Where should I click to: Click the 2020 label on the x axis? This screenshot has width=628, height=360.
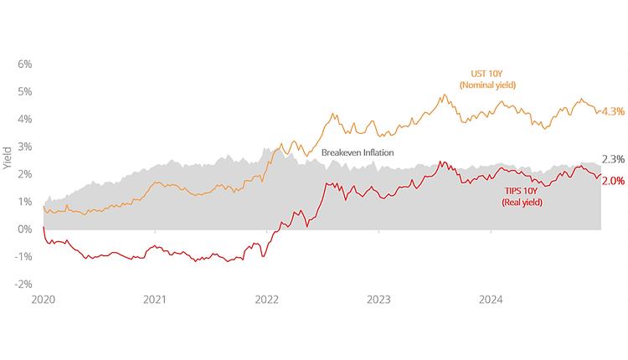pyautogui.click(x=43, y=299)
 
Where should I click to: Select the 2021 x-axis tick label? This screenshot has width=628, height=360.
pyautogui.click(x=155, y=299)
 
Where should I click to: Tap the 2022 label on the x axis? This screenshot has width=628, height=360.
pyautogui.click(x=267, y=299)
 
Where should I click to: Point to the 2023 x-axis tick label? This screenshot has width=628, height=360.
pyautogui.click(x=378, y=299)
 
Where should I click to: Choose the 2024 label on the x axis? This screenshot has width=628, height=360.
pyautogui.click(x=491, y=299)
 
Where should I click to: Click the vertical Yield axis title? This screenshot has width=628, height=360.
pyautogui.click(x=7, y=157)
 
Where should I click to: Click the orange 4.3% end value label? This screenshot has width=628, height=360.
pyautogui.click(x=613, y=111)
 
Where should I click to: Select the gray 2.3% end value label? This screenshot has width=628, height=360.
pyautogui.click(x=613, y=160)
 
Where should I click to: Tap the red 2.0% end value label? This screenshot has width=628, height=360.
pyautogui.click(x=613, y=181)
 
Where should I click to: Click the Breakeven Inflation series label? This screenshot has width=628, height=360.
pyautogui.click(x=358, y=152)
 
